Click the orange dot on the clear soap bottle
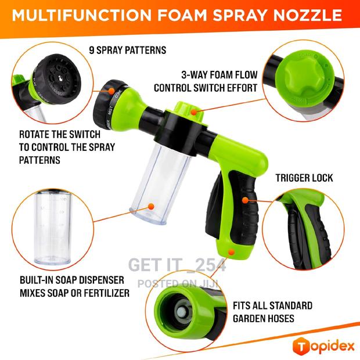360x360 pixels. tap(151, 206)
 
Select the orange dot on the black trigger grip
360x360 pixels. tap(245, 199)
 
